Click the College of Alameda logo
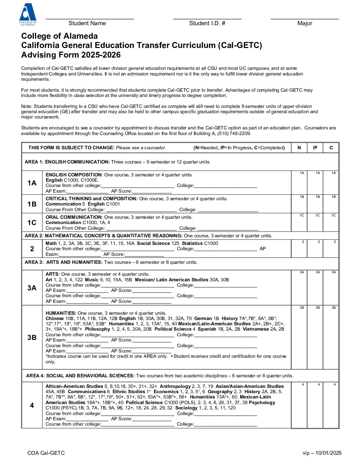[28, 14]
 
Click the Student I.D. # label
[207, 23]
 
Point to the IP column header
[315, 148]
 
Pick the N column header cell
[299, 148]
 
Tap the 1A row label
[32, 183]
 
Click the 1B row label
[32, 204]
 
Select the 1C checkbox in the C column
[331, 222]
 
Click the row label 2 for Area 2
[32, 249]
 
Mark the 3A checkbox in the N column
[299, 288]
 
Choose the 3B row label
[32, 337]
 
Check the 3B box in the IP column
[315, 337]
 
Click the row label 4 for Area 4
[32, 405]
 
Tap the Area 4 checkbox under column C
[331, 405]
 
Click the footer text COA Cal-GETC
[46, 453]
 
